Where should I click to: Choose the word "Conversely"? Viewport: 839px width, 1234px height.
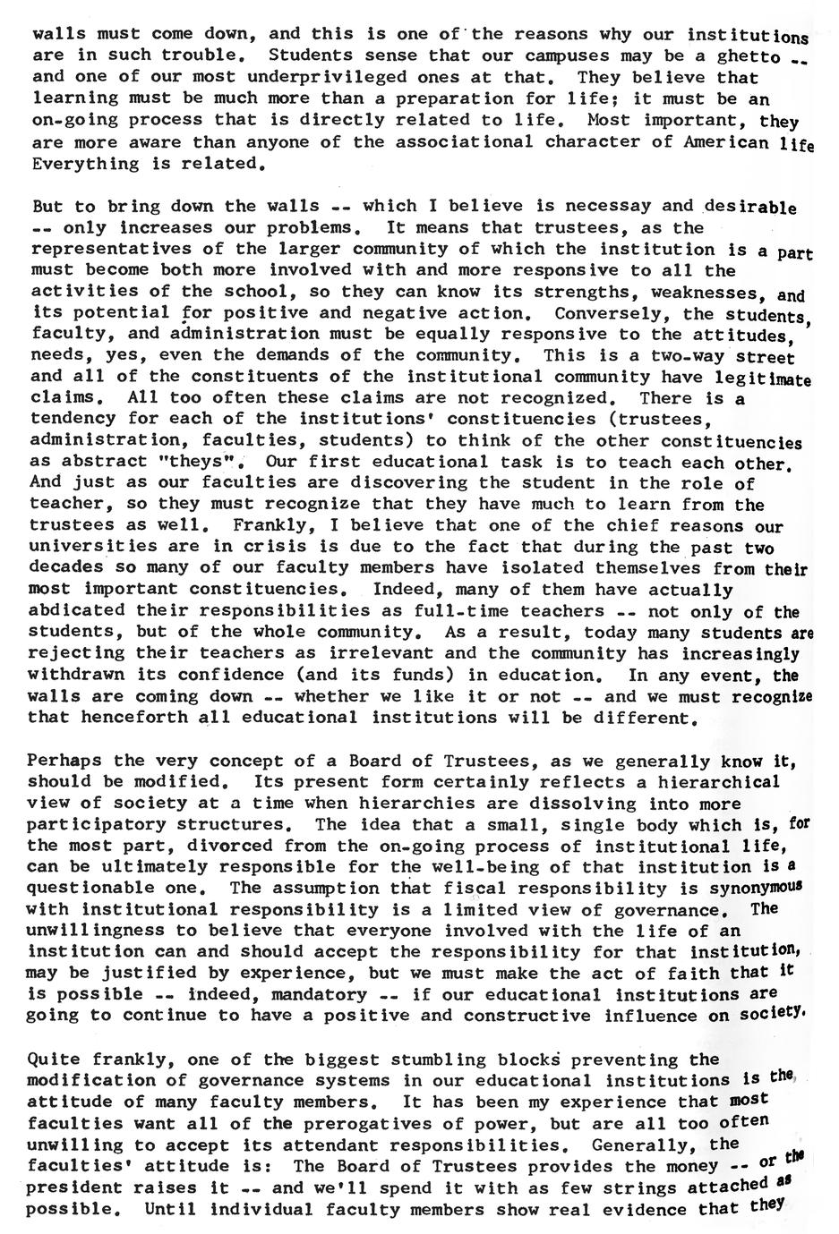[x=606, y=314]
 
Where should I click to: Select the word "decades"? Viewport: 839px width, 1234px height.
[x=68, y=567]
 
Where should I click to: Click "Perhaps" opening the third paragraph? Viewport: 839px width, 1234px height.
[x=64, y=762]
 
